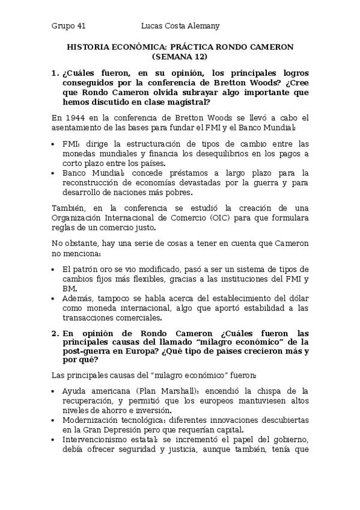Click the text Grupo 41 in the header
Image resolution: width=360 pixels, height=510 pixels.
[x=69, y=26]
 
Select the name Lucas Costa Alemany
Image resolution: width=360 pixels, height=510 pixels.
[x=180, y=26]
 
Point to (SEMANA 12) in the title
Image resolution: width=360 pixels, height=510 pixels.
[x=180, y=57]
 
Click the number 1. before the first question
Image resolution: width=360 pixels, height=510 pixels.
[x=55, y=73]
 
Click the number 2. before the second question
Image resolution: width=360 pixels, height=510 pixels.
[x=55, y=333]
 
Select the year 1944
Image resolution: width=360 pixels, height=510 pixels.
[x=75, y=117]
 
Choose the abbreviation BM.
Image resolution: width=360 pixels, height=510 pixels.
[x=69, y=288]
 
